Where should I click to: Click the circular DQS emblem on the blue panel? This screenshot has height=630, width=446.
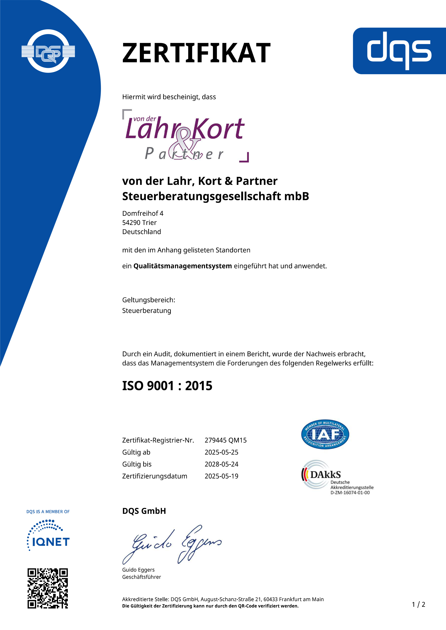pos(48,51)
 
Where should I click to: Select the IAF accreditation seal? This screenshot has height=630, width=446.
pos(325,434)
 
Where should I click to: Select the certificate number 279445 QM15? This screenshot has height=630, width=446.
pos(226,440)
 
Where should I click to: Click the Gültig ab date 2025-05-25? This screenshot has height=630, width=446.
pos(222,452)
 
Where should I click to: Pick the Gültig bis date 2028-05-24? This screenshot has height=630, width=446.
pos(222,464)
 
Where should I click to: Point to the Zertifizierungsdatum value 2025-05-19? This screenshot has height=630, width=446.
pos(222,476)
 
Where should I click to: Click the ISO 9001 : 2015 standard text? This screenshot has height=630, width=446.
pos(167,386)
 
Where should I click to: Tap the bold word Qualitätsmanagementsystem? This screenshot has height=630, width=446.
pos(183,266)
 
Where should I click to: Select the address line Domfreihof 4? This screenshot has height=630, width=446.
pos(143,214)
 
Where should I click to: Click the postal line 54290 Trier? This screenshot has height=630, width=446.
pos(139,223)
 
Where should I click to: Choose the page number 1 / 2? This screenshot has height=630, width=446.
pos(418,604)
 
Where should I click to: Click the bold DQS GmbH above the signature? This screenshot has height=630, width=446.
pos(144,511)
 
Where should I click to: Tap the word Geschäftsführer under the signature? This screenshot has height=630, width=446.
pos(142,577)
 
